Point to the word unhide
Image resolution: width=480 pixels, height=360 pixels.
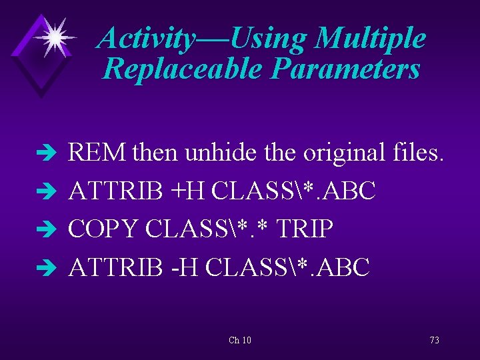(207, 153)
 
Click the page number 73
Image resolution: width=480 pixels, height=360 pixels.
(434, 340)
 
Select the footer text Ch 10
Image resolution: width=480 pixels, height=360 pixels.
(240, 340)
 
